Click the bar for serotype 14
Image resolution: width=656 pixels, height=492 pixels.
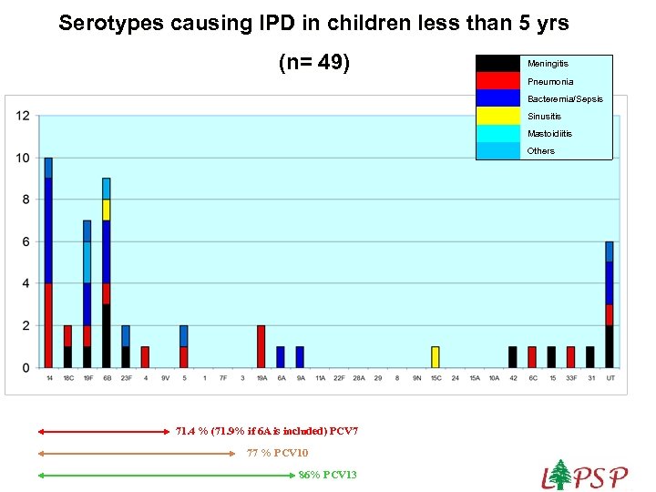[x=48, y=264]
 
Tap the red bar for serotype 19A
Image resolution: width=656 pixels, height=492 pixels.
[x=261, y=346]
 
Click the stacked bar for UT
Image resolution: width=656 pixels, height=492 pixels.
[x=610, y=305]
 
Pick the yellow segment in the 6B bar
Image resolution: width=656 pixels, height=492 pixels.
[x=107, y=210]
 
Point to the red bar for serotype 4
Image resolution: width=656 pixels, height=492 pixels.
[x=145, y=357]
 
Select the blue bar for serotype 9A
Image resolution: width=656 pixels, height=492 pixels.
[x=300, y=357]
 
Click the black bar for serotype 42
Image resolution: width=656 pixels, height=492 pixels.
[x=513, y=357]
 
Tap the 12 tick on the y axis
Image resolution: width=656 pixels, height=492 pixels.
[x=23, y=116]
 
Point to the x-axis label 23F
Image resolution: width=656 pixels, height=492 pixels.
[x=126, y=378]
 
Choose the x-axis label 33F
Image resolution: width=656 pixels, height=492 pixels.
[x=570, y=378]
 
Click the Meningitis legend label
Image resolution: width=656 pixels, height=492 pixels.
[x=548, y=64]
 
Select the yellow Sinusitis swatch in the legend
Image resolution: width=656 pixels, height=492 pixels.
[x=500, y=116]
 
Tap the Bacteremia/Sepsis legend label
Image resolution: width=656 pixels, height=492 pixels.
[x=565, y=98]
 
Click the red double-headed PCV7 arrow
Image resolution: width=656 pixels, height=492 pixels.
[x=100, y=432]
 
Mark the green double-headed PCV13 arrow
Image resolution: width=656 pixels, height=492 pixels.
[x=164, y=475]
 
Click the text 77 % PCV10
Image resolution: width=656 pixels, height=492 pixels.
[x=278, y=453]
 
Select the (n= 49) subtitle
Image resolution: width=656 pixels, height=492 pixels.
[x=313, y=64]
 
